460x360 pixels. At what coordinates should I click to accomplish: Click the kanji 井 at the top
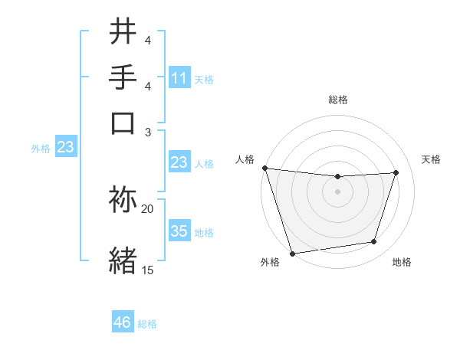click(x=124, y=34)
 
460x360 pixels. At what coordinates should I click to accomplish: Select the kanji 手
click(x=124, y=78)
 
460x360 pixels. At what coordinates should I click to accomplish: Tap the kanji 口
click(x=124, y=123)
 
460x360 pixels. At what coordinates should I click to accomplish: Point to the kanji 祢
click(x=124, y=201)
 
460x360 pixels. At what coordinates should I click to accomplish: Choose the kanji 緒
click(x=124, y=260)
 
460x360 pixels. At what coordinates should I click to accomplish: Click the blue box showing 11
click(x=179, y=78)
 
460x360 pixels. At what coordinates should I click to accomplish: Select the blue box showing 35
click(x=179, y=231)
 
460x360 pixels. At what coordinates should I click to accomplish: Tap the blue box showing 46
click(x=123, y=322)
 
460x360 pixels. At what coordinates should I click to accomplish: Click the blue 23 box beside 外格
click(x=65, y=147)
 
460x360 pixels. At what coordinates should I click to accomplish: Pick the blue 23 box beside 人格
click(x=179, y=162)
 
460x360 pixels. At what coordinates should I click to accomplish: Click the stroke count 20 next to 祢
click(x=148, y=208)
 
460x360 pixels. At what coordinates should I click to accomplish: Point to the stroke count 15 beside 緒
click(x=148, y=270)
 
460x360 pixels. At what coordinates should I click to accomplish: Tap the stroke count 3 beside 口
click(x=148, y=132)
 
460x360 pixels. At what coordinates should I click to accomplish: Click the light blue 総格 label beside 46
click(x=147, y=324)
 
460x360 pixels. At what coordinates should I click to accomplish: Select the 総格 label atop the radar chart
click(x=337, y=100)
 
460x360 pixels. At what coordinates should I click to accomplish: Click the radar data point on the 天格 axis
click(x=396, y=172)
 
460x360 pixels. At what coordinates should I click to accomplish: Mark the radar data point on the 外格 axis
click(x=292, y=253)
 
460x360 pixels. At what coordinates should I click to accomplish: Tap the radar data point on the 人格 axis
click(x=264, y=168)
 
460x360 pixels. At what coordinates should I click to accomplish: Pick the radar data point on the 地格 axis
click(x=374, y=242)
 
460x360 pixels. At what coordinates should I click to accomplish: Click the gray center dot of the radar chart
click(x=337, y=191)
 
